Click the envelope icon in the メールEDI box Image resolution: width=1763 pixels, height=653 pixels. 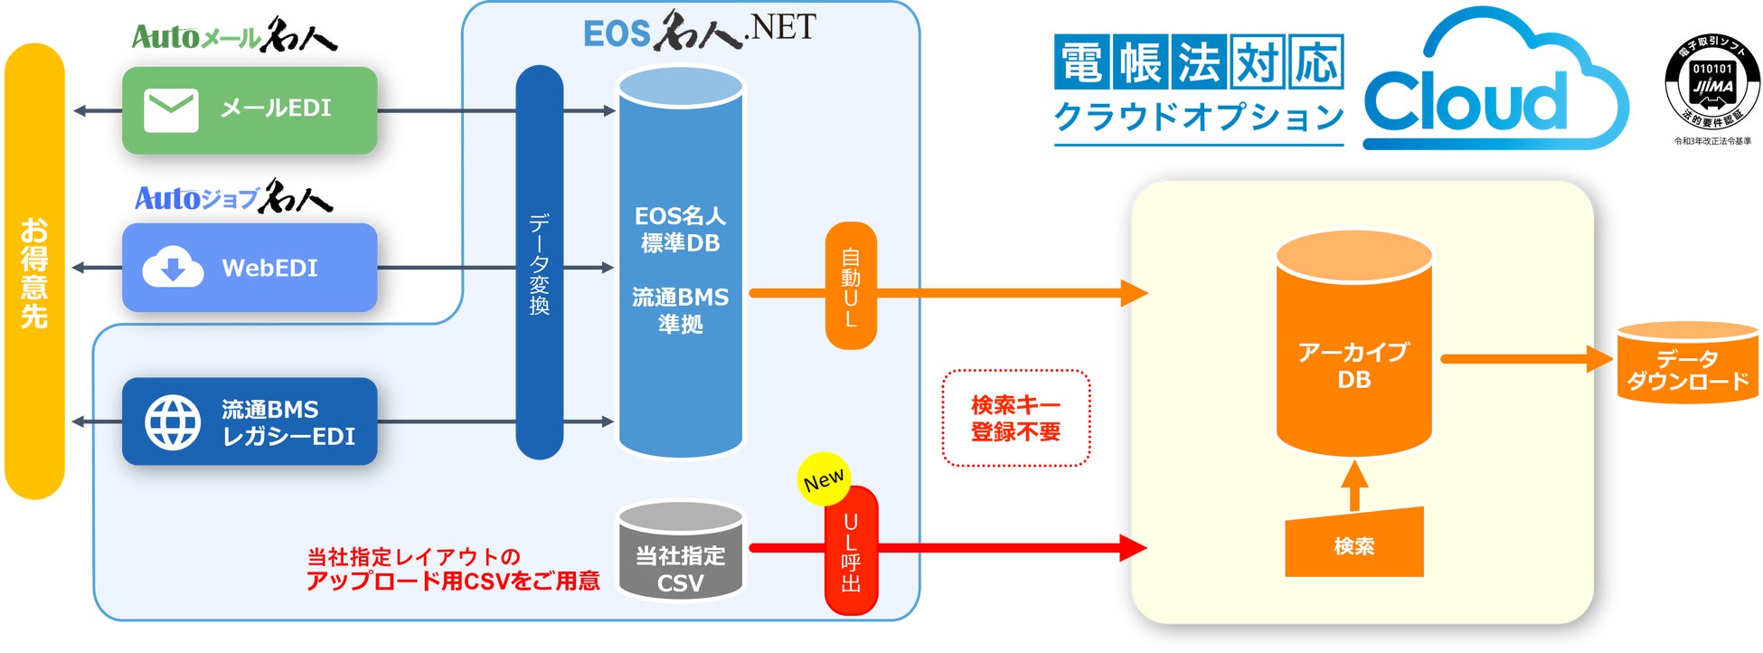(171, 110)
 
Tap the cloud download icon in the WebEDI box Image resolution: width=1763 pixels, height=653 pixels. (173, 267)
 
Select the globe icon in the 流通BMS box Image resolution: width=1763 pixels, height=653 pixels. (173, 421)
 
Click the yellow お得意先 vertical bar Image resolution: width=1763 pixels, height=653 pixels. (34, 271)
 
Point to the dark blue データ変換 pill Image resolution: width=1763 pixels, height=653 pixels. (539, 262)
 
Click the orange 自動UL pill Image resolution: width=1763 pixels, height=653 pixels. (851, 286)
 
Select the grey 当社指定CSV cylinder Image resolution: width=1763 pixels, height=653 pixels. (681, 552)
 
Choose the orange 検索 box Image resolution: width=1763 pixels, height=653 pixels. (1353, 544)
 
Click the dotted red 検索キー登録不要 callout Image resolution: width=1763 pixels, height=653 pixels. (1015, 418)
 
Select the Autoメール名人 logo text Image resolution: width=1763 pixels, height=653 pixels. (233, 36)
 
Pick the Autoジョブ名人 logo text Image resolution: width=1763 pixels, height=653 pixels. (233, 197)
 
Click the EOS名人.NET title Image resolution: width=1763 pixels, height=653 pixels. (699, 31)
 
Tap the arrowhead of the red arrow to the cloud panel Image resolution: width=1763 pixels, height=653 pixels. (1134, 547)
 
